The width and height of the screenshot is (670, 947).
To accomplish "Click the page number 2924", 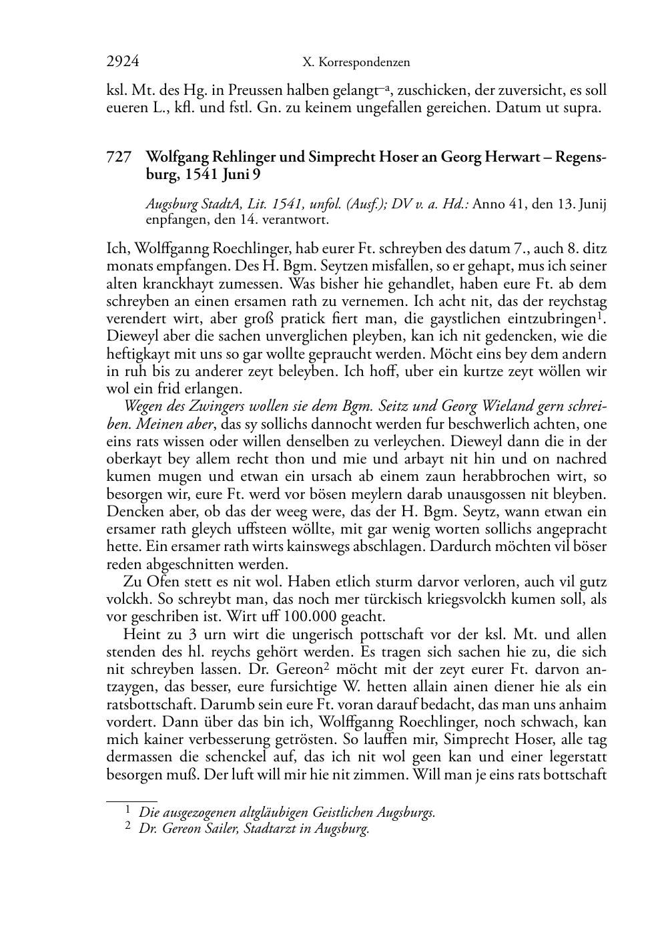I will pos(123,62).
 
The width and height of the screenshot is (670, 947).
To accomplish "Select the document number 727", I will pos(117,158).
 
